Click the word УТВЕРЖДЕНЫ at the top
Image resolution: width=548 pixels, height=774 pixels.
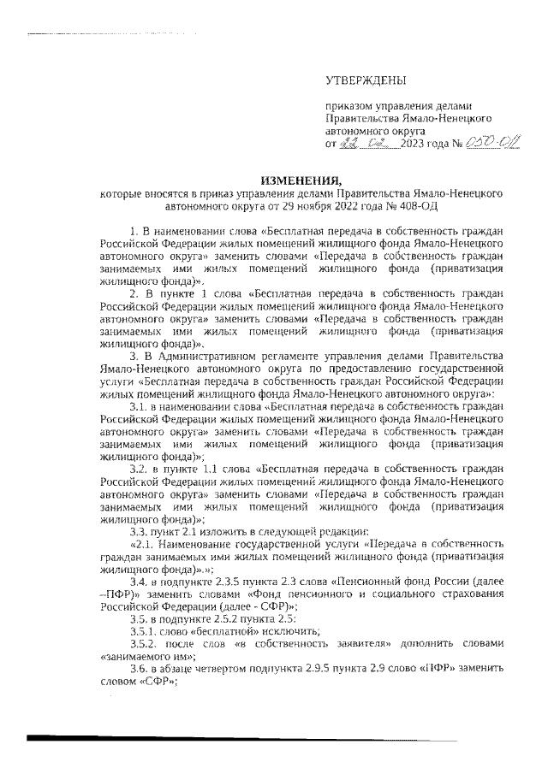365,80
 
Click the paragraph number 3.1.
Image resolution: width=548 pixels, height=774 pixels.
139,406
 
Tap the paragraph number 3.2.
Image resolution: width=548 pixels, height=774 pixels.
139,470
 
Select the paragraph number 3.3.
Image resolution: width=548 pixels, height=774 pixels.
139,532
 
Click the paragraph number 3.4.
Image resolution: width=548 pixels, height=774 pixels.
139,582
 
